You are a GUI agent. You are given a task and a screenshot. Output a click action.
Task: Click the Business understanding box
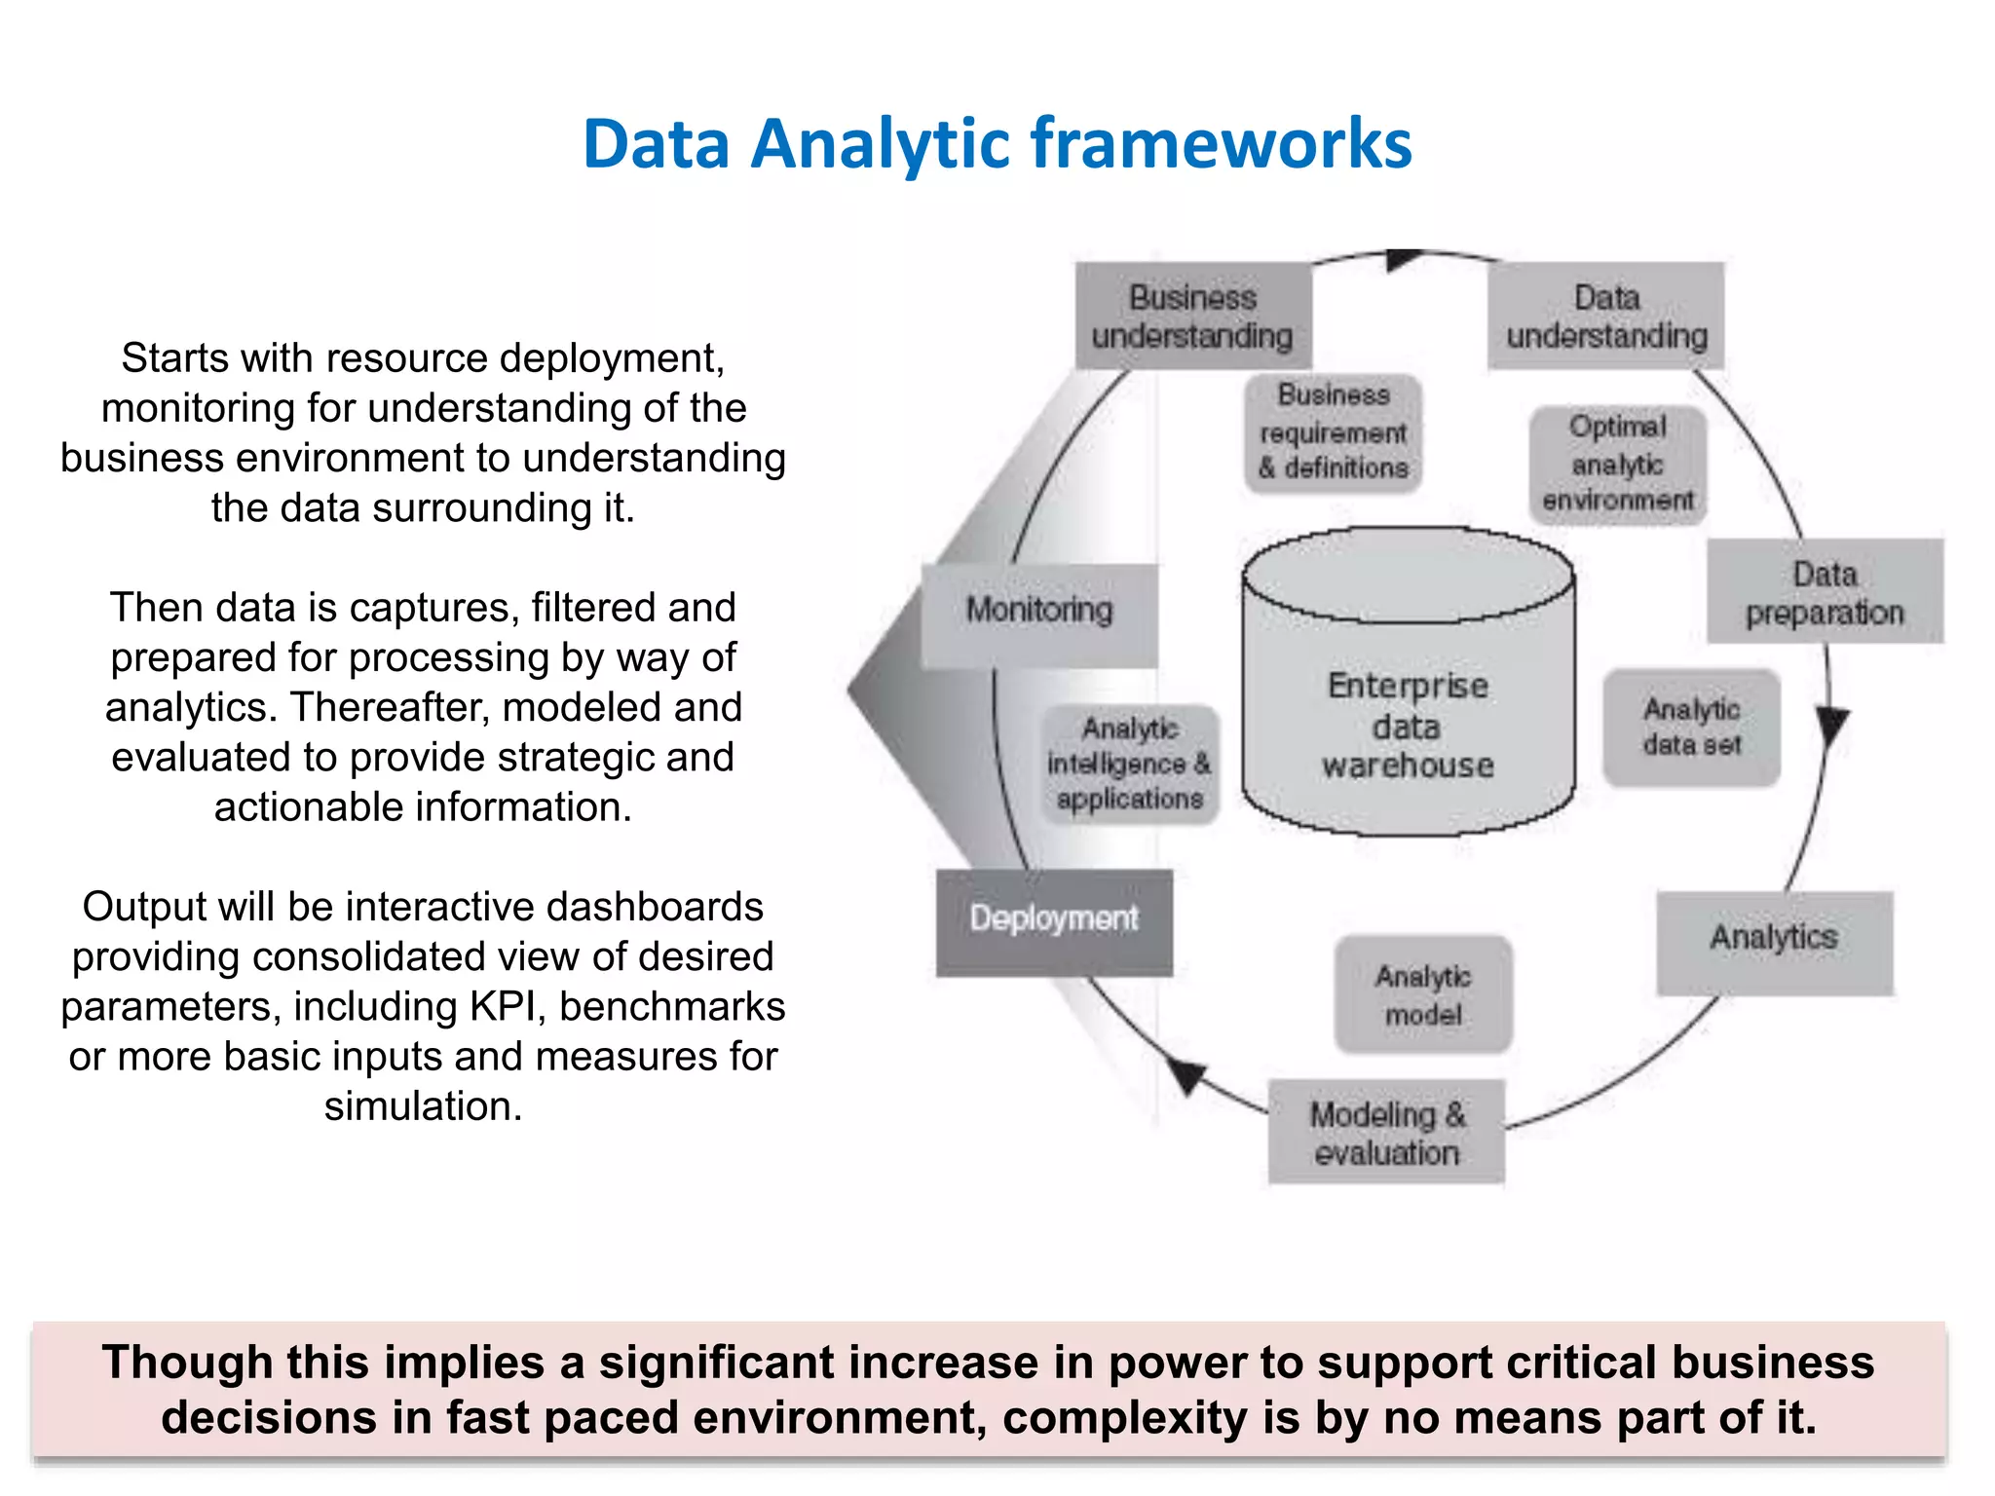1193,316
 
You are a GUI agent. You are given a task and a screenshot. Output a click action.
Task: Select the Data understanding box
1606,316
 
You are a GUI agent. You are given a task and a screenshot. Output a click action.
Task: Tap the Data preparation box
1825,591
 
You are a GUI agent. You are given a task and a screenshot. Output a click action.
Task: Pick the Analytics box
1774,942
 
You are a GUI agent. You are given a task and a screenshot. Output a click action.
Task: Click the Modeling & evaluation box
1386,1132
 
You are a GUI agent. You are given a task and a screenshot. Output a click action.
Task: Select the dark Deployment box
1054,921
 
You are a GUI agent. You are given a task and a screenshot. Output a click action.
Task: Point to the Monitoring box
1039,615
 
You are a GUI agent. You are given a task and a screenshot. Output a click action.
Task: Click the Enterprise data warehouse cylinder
1408,701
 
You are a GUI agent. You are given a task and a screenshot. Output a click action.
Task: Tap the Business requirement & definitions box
1334,432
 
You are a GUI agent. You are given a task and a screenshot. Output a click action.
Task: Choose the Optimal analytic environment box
1617,465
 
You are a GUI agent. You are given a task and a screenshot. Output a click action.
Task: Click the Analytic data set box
1692,727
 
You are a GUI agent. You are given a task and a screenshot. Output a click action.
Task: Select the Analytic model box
1423,994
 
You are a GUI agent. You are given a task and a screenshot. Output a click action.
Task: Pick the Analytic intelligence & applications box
1130,765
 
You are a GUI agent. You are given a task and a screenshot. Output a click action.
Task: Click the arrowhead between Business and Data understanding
1403,259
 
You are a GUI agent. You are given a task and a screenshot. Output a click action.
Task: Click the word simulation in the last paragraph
423,1107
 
